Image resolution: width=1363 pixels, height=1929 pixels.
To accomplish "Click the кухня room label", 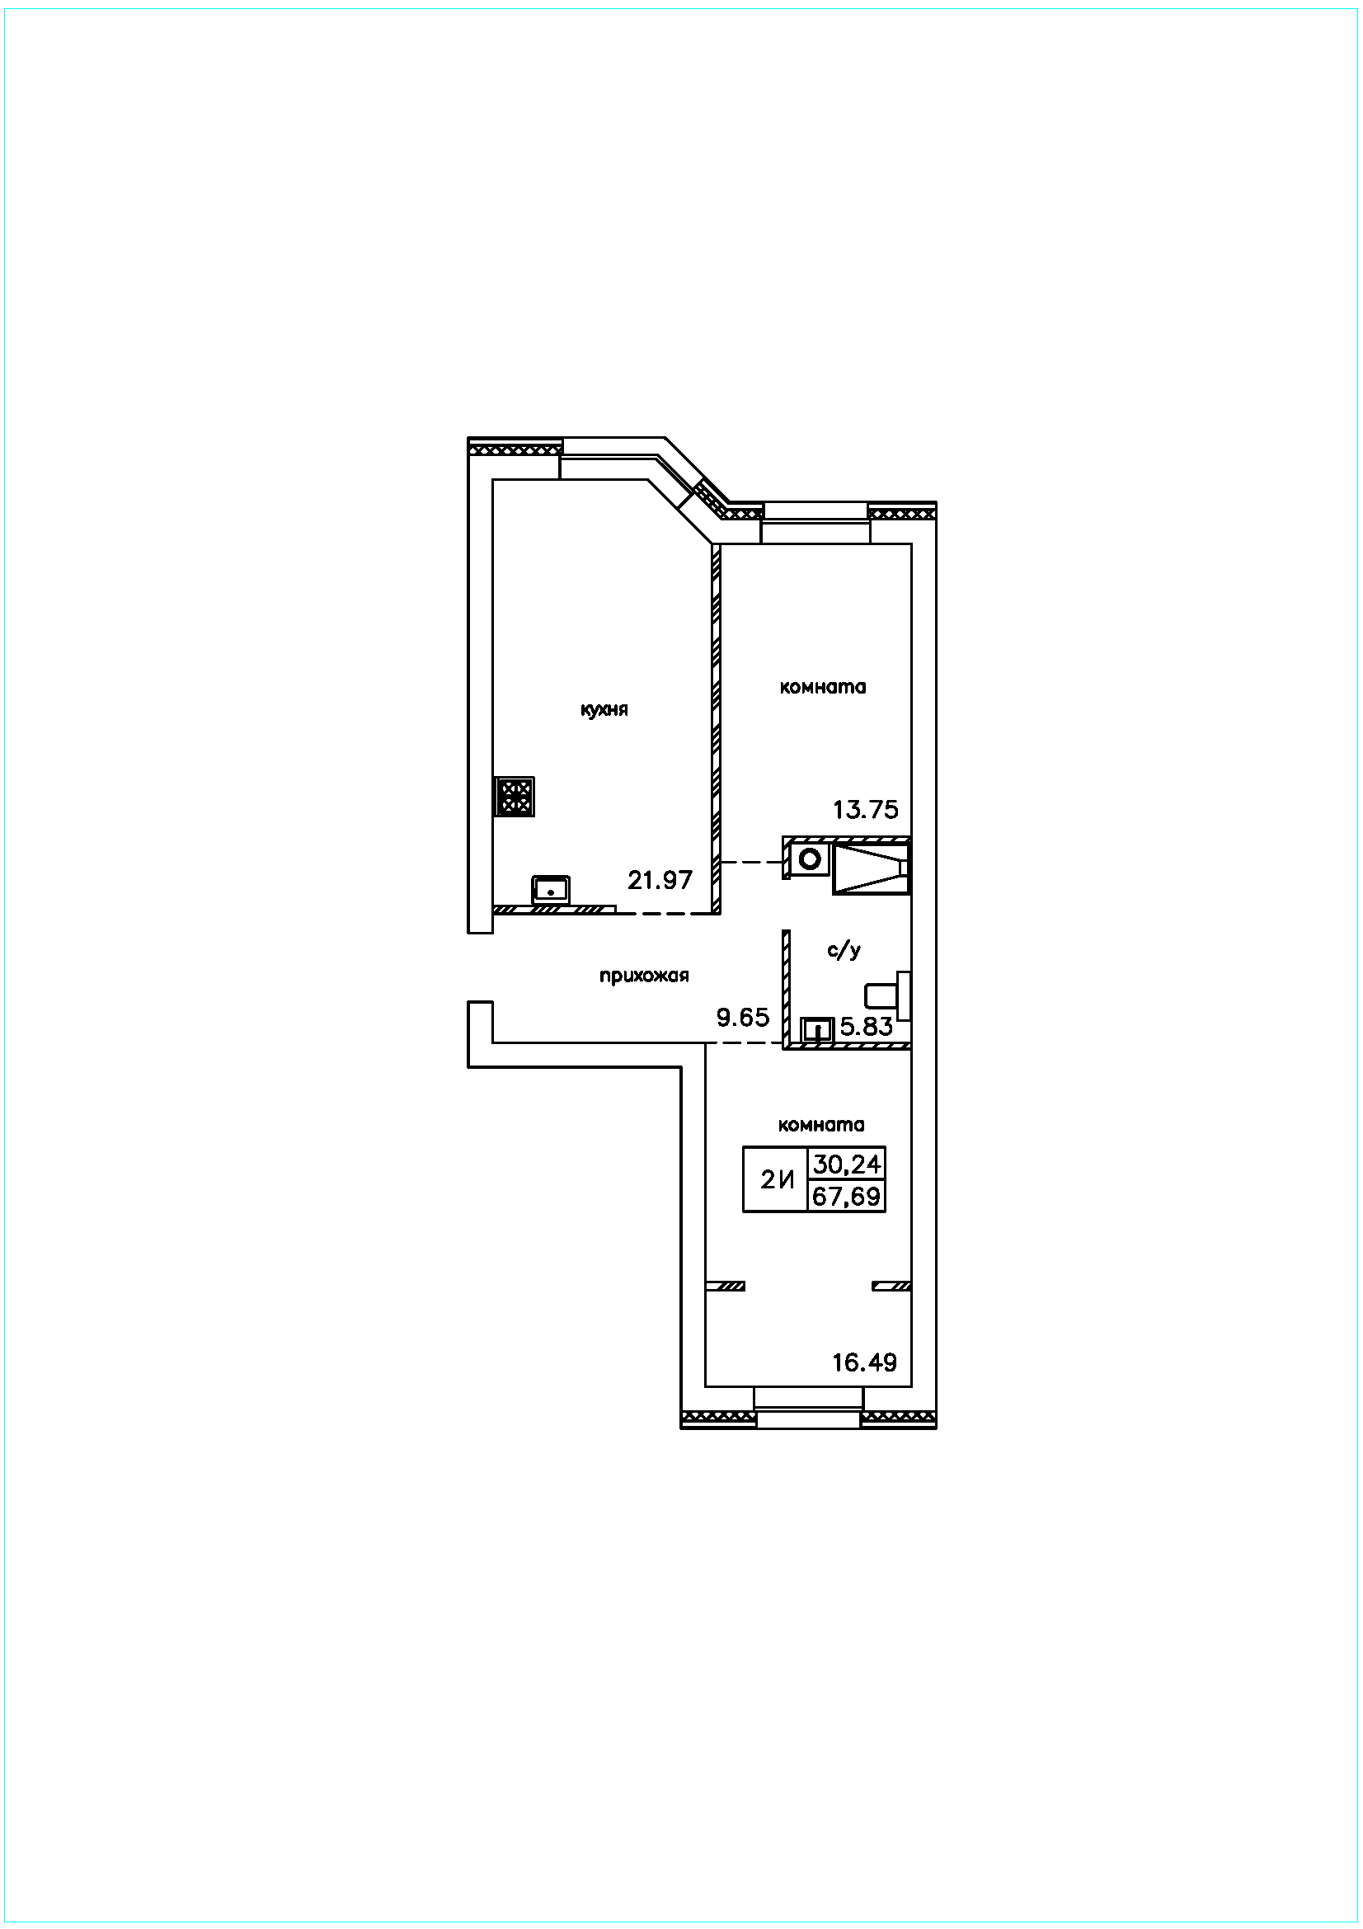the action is click(604, 710).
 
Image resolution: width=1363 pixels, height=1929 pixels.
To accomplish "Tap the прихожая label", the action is click(644, 976).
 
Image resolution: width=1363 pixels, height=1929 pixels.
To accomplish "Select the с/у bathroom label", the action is click(844, 950).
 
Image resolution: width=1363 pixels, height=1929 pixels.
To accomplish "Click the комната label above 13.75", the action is click(823, 687).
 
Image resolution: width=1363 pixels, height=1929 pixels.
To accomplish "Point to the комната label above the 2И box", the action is click(821, 1125).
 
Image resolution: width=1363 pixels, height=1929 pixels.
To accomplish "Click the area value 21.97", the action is click(660, 880).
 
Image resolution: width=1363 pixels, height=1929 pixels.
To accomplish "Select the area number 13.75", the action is click(866, 809).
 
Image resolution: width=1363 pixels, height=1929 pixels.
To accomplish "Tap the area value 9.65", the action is click(743, 1018).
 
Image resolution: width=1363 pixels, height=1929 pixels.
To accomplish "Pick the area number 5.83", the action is click(867, 1026).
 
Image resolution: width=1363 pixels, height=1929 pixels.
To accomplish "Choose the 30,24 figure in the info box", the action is click(847, 1164).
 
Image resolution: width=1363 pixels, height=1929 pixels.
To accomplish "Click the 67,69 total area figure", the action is click(847, 1196).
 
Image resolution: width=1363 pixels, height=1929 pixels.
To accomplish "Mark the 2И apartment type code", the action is click(778, 1180).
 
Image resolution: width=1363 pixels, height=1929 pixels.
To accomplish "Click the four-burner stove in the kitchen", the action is click(515, 797).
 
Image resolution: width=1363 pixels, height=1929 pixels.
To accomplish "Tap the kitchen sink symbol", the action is click(550, 889).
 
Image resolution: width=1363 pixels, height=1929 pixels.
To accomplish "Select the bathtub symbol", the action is click(871, 866).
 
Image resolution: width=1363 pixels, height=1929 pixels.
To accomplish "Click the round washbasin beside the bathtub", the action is click(810, 859).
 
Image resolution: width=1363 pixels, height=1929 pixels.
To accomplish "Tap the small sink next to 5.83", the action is click(816, 1029).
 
